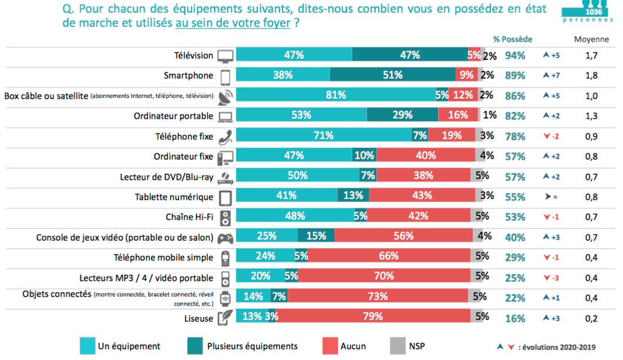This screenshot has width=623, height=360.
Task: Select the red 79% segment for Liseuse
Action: click(373, 317)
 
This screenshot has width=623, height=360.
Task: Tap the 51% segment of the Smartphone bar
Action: click(392, 75)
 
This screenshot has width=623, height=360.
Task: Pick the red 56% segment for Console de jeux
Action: click(404, 237)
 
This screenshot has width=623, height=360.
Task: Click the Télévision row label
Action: click(194, 56)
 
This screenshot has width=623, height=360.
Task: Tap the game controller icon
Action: click(226, 238)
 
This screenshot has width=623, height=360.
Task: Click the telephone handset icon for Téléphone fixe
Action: click(226, 137)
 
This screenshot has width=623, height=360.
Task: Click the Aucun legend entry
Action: click(353, 346)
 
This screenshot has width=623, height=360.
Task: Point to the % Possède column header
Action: click(513, 39)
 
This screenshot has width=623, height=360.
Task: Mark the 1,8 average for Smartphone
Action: click(591, 76)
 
